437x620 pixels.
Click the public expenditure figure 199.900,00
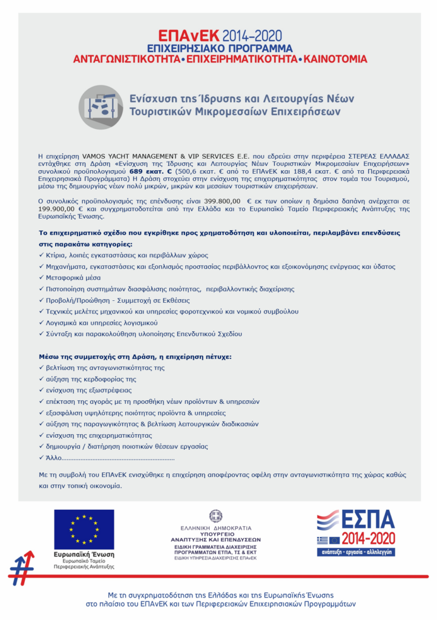point(59,208)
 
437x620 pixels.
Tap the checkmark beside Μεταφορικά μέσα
point(41,277)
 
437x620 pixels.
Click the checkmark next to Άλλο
point(41,458)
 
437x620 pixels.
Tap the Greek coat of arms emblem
point(215,515)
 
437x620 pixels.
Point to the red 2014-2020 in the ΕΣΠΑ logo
point(367,538)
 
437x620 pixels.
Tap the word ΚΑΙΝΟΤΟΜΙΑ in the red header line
point(335,59)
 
